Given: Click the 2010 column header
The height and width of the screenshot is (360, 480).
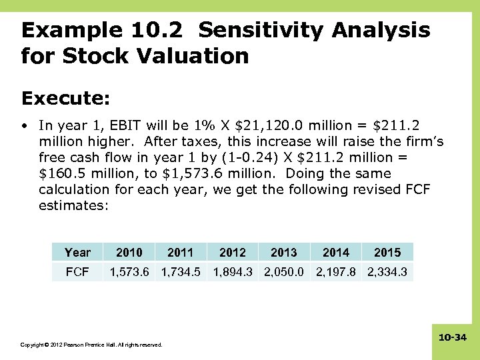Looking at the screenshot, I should click(129, 252).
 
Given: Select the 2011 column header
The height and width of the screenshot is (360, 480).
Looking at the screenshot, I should click(180, 252).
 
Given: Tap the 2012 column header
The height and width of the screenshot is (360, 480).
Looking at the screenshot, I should click(232, 252).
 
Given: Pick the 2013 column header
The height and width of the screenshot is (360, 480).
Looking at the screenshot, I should click(284, 252).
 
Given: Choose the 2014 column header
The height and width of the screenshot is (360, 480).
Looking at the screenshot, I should click(335, 252).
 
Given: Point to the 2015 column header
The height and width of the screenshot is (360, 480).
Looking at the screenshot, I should click(387, 252).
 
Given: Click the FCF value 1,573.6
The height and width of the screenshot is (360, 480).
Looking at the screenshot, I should click(129, 271).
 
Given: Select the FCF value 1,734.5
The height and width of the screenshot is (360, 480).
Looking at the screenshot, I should click(180, 271).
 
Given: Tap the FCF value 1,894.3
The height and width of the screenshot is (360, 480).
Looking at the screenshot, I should click(232, 271).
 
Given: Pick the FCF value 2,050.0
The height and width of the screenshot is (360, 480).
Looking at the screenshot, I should click(284, 271).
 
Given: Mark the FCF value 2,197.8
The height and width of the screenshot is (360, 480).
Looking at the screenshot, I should click(335, 271).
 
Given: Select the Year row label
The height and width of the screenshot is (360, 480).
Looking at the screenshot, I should click(77, 252).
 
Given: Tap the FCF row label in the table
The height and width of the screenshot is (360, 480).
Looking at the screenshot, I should click(77, 271).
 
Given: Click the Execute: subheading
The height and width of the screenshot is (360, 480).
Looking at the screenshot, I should click(65, 98).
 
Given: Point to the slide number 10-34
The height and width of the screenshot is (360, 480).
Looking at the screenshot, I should click(452, 338).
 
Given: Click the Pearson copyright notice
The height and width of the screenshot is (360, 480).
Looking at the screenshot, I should click(91, 345).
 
